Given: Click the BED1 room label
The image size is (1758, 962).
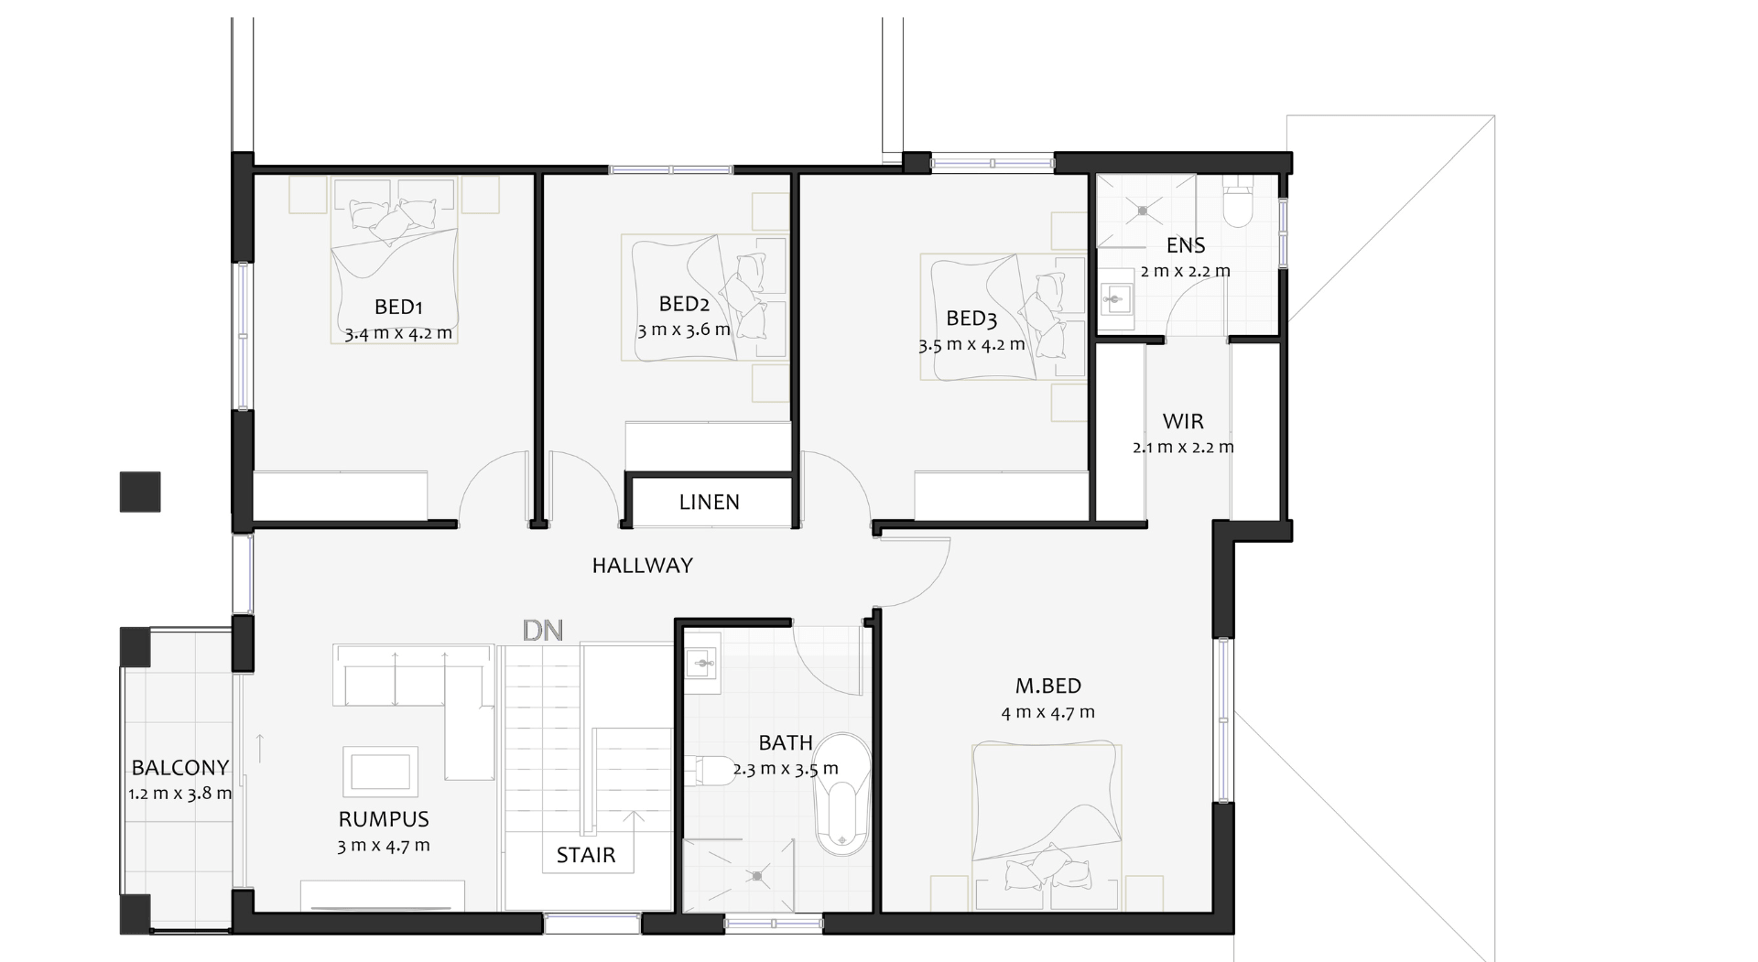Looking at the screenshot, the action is (x=398, y=307).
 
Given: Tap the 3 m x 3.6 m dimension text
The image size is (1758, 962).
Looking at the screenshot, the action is (x=684, y=330).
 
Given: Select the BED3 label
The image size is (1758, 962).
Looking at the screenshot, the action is (x=971, y=319).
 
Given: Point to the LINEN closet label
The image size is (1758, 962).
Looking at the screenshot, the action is (x=710, y=502).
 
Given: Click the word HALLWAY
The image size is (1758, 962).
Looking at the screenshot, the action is (x=643, y=566).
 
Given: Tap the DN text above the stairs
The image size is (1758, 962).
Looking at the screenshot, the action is (x=542, y=631).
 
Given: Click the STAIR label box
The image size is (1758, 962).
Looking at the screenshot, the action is (x=586, y=856).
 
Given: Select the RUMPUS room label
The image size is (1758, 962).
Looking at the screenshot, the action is (x=384, y=819).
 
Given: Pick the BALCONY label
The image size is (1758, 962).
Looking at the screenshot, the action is (x=180, y=768).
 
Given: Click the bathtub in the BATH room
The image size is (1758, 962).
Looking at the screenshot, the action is (x=841, y=795).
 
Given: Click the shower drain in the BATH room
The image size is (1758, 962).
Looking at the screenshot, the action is (x=757, y=877).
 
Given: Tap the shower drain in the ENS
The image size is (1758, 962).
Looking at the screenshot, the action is (x=1144, y=211).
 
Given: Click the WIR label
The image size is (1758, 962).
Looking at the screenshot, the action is (x=1183, y=422).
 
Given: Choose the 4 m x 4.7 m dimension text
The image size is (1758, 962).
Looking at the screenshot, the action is (x=1047, y=712).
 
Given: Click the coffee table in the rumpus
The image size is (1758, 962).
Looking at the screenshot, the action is (x=381, y=771).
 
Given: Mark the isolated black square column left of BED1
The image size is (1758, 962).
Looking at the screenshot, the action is (x=140, y=492).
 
